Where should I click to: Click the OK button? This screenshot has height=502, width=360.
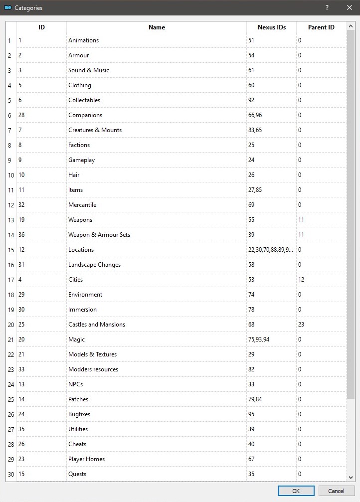pos(296,491)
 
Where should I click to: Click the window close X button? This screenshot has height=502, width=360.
pos(349,7)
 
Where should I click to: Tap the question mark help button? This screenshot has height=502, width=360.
pos(327,7)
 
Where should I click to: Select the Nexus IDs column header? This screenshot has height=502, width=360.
pos(271,27)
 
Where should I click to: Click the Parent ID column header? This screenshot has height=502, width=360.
pos(321,27)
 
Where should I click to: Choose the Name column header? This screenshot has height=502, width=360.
pos(157,27)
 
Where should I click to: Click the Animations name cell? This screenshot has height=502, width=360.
pos(84,40)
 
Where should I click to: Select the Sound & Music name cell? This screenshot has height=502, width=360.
pos(89,70)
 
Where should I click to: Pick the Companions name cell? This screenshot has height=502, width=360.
pos(85,115)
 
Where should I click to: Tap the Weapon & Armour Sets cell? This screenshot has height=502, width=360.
pos(99,235)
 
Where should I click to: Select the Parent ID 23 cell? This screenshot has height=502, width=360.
pos(302,325)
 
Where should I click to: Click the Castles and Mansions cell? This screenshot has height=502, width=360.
pos(97,325)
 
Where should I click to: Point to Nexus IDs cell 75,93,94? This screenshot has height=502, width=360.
pos(259,339)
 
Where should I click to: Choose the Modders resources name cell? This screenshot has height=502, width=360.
pos(93,369)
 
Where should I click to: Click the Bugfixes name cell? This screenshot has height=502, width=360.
pos(79,414)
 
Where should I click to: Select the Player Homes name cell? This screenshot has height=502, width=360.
pos(86,459)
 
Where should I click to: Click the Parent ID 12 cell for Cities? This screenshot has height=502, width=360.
pos(302,280)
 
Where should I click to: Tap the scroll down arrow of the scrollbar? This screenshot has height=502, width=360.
pos(351,477)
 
